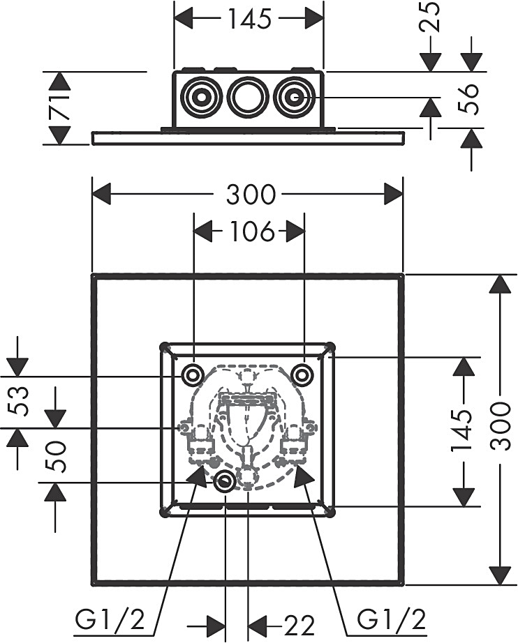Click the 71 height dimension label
click(60, 108)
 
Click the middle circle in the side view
click(247, 98)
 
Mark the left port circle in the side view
click(200, 98)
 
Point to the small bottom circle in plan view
click(225, 481)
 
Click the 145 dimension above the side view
click(249, 19)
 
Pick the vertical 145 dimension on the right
click(461, 431)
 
